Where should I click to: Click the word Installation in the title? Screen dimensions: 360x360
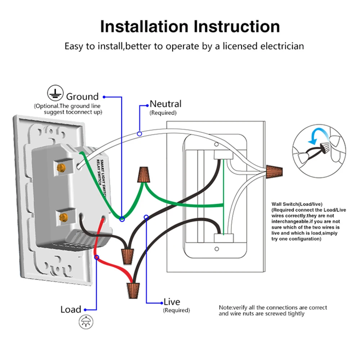pos(144,26)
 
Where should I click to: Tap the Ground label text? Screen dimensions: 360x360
pos(82,96)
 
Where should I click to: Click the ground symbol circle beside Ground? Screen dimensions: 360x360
pos(54,93)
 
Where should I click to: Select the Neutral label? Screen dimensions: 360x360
pos(166,104)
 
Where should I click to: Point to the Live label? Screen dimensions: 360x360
pos(172,302)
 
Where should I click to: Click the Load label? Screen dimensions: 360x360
pos(71,310)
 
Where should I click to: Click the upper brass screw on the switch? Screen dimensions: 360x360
pos(62,166)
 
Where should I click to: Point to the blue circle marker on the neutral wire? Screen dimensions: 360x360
pos(139,134)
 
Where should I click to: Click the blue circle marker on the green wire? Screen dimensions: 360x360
pos(122,219)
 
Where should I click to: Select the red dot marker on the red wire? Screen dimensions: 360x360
pos(96,257)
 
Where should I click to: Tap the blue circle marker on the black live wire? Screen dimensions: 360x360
pos(146,217)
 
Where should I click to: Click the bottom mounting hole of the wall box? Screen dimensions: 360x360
pos(216,249)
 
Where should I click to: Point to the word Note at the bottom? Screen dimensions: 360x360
pos(225,307)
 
